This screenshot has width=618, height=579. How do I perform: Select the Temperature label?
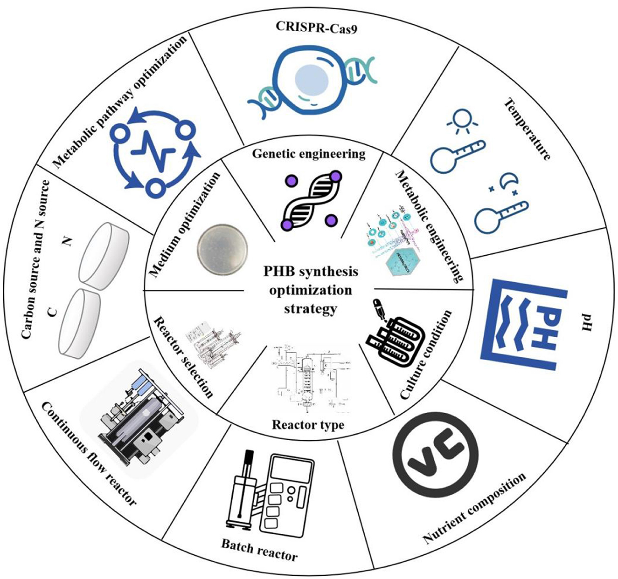[x=528, y=128]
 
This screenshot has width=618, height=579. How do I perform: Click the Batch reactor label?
[x=259, y=550]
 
